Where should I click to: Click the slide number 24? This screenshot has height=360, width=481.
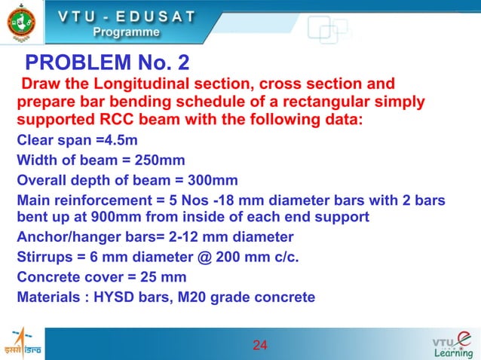(x=260, y=346)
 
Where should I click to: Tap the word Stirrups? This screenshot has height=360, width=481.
(x=43, y=258)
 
